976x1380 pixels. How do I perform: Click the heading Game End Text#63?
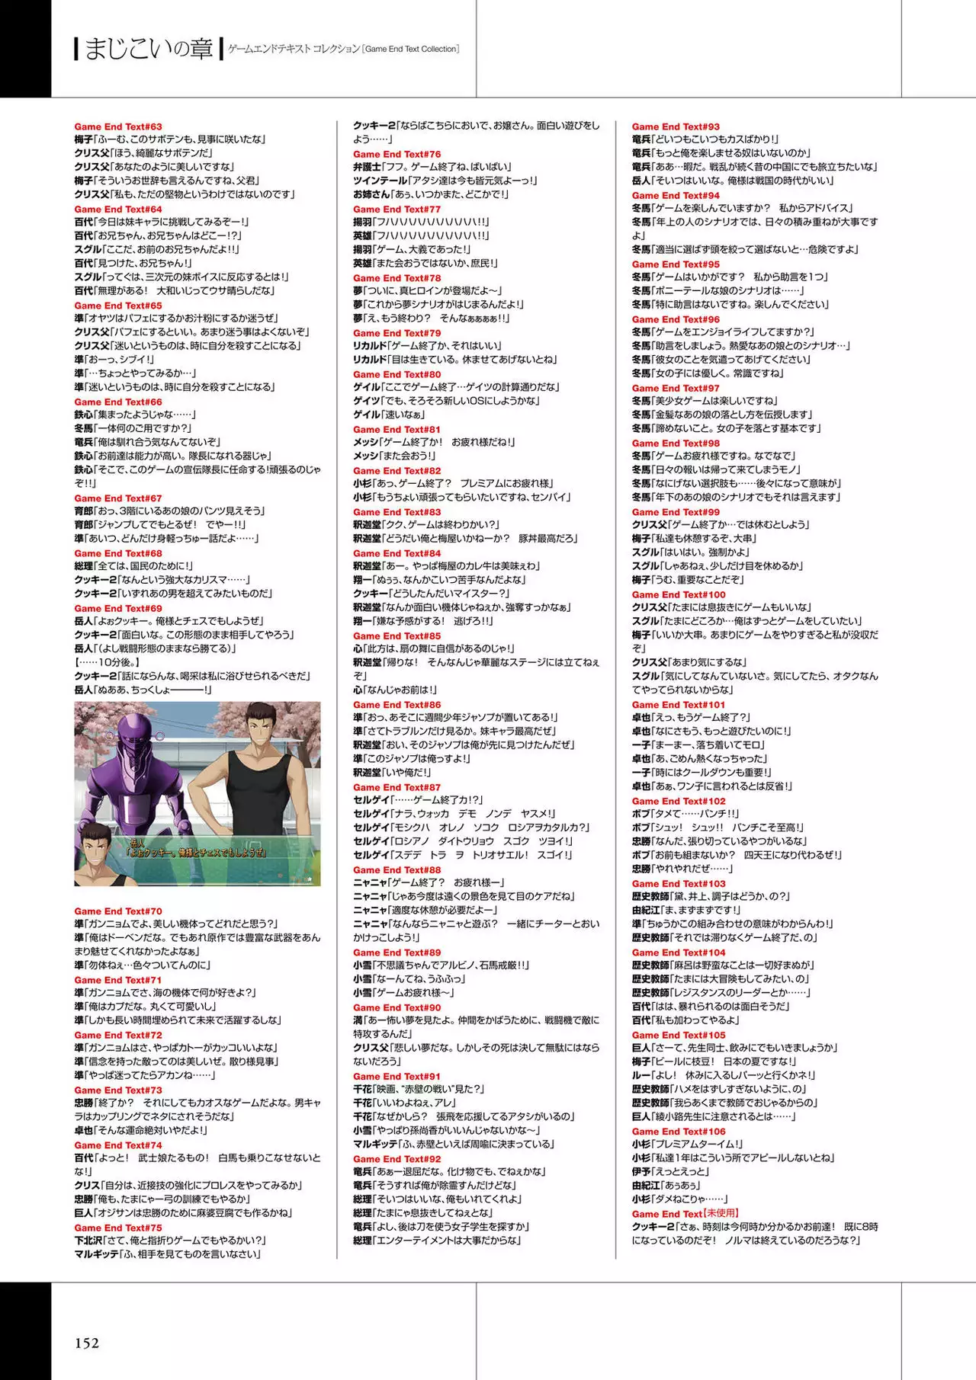(118, 126)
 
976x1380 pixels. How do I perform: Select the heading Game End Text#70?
(118, 911)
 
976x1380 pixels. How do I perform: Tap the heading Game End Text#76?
(396, 154)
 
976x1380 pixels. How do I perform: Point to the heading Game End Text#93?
(676, 126)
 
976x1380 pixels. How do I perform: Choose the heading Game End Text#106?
(679, 1132)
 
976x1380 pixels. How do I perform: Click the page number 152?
(87, 1343)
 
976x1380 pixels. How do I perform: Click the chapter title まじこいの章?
(149, 50)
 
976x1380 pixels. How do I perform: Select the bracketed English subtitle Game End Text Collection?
(411, 49)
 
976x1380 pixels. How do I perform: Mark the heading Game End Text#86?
(396, 705)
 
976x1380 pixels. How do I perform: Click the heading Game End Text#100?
(679, 594)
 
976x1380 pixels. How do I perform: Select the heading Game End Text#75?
(118, 1228)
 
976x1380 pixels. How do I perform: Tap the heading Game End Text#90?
(396, 1007)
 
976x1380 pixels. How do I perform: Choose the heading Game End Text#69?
(118, 608)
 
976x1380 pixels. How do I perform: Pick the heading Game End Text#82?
(396, 471)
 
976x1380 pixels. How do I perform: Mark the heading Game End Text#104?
(679, 953)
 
